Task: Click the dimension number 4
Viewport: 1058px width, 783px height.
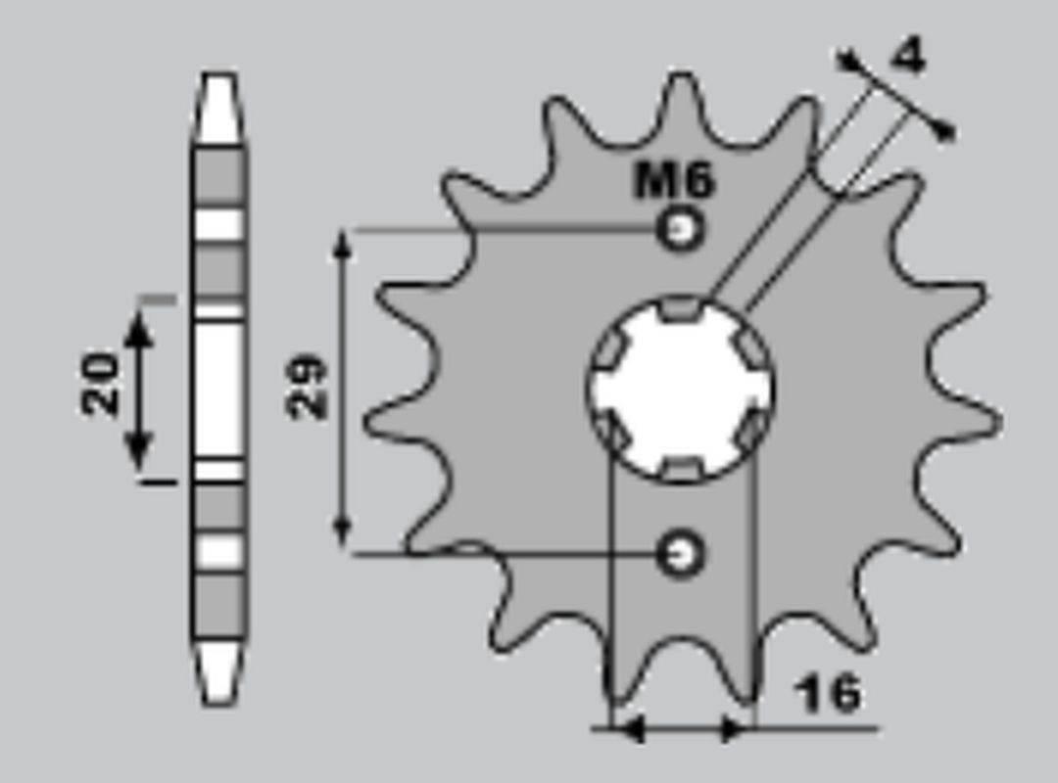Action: click(x=909, y=58)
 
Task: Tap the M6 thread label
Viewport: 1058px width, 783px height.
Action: click(x=675, y=180)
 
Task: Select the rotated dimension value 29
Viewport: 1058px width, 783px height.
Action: click(x=306, y=388)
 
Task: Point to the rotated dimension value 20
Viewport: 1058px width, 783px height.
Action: click(x=100, y=385)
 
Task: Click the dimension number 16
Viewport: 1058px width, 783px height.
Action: click(x=828, y=693)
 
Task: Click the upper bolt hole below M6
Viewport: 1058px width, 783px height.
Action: click(x=680, y=231)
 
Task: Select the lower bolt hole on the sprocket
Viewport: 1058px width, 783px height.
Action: click(x=680, y=554)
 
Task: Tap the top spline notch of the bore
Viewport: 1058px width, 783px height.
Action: click(x=682, y=310)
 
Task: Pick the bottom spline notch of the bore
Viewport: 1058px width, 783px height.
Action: click(x=682, y=470)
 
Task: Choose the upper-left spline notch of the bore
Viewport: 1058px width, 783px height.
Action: click(x=612, y=346)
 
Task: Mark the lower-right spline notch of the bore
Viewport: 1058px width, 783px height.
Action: click(x=752, y=430)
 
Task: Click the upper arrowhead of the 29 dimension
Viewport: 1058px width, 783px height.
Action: click(x=342, y=245)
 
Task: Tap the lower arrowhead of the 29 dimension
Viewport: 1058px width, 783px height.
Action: click(x=342, y=533)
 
